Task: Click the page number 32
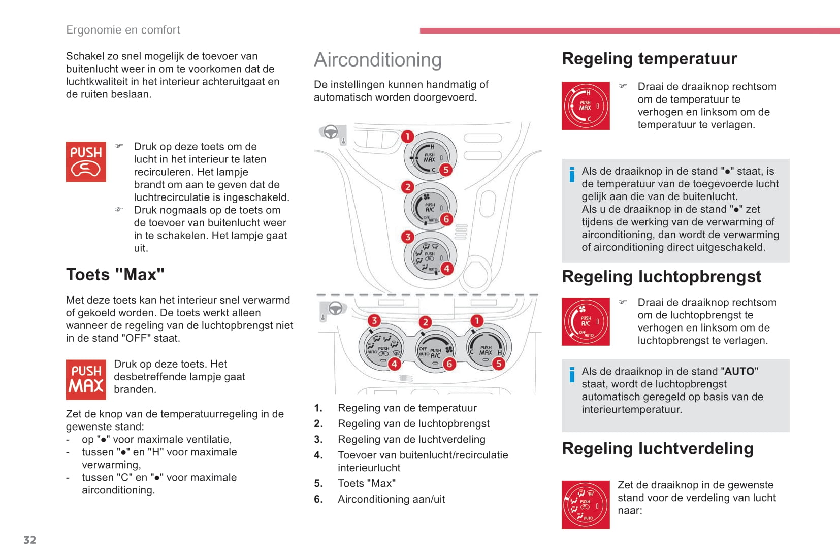tap(29, 540)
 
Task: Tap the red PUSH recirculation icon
tap(86, 162)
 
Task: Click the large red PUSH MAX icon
tap(86, 379)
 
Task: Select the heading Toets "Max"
tap(115, 275)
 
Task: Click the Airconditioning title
tap(378, 60)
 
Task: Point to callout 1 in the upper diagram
tap(407, 137)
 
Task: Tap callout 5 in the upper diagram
tap(445, 170)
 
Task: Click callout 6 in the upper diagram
tap(446, 219)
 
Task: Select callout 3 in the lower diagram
tap(374, 320)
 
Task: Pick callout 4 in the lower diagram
tap(394, 364)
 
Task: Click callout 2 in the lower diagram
tap(425, 322)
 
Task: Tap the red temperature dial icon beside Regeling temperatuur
tap(586, 106)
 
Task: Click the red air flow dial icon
tap(586, 321)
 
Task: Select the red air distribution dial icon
tap(586, 505)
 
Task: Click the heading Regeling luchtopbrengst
tap(661, 277)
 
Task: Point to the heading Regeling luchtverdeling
tap(657, 449)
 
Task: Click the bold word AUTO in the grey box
tap(739, 371)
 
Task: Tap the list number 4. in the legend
tap(318, 455)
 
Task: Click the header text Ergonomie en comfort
tap(123, 30)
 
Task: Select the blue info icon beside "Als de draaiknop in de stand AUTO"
tap(572, 374)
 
